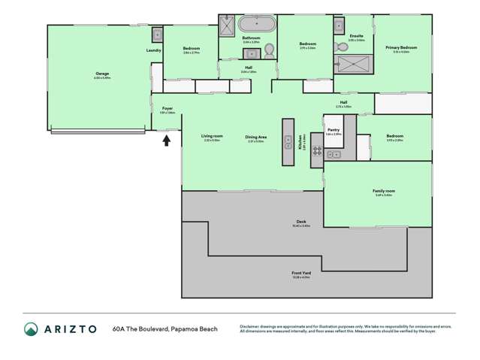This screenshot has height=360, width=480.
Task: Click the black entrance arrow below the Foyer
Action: [167, 140]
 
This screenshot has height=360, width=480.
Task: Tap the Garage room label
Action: [102, 75]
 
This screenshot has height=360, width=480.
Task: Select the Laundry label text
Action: [154, 50]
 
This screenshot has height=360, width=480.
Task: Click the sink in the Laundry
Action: [158, 34]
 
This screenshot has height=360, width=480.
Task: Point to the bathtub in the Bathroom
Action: [258, 23]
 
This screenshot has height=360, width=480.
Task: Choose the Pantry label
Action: [334, 131]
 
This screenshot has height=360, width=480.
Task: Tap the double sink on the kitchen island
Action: [287, 141]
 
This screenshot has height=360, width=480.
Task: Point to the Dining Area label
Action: [257, 138]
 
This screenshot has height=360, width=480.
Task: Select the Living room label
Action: [212, 137]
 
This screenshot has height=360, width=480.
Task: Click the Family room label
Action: [384, 192]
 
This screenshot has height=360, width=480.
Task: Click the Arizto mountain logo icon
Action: [31, 329]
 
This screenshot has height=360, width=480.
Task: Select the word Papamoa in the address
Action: [186, 329]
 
